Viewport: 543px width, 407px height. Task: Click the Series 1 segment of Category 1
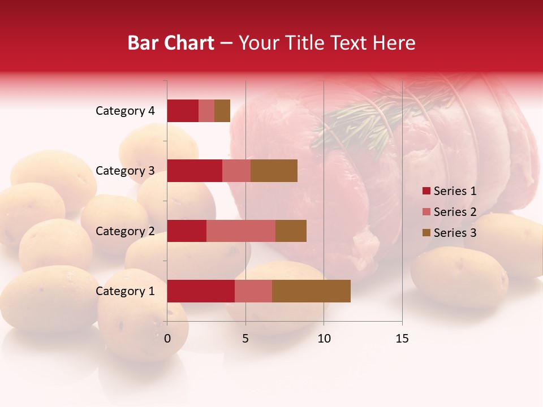click(201, 291)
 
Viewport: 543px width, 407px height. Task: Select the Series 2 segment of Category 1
click(253, 291)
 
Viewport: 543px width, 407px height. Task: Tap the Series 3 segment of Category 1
click(311, 291)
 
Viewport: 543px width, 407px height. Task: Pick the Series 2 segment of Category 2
click(241, 231)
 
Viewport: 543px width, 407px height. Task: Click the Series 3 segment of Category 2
click(291, 231)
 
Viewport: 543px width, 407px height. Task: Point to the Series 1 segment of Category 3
click(195, 171)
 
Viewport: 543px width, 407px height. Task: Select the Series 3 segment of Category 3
click(274, 171)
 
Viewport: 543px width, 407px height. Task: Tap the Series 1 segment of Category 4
click(183, 111)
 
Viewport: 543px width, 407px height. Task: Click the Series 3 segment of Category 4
click(222, 111)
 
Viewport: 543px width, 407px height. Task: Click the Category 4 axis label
click(125, 111)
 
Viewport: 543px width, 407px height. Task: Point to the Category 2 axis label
click(125, 231)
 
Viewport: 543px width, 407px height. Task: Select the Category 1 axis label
click(125, 291)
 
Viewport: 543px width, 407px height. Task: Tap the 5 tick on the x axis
click(245, 339)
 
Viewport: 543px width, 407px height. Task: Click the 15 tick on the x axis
click(402, 339)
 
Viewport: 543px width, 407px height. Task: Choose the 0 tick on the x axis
click(167, 339)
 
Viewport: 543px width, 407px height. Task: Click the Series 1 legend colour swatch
click(426, 191)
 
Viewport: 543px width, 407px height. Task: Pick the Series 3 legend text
click(455, 233)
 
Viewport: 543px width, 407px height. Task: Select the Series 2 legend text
click(455, 212)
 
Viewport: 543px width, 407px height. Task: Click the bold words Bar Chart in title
click(171, 43)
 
